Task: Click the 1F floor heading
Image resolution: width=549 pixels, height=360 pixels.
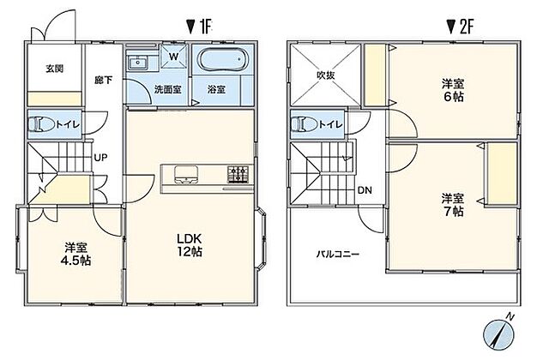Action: click(199, 27)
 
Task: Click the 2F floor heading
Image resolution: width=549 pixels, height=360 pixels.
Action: click(460, 27)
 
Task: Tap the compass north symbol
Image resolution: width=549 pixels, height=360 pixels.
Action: click(498, 333)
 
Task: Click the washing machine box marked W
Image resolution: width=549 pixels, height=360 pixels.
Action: click(174, 57)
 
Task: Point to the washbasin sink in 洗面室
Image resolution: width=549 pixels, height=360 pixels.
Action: click(138, 63)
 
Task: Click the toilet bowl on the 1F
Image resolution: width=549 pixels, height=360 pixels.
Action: click(41, 124)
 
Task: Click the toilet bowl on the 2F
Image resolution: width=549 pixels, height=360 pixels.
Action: click(305, 124)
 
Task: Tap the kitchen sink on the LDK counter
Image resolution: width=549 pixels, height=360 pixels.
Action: click(186, 174)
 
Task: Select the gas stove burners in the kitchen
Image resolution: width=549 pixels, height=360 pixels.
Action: click(238, 174)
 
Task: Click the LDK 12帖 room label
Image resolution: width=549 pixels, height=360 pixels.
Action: click(189, 245)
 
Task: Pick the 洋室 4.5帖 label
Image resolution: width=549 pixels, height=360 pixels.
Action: click(75, 254)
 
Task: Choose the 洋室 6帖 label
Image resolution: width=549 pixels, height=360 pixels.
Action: click(453, 90)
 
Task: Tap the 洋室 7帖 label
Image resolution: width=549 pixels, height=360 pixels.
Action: click(453, 205)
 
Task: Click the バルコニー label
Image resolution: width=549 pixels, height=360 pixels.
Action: click(338, 254)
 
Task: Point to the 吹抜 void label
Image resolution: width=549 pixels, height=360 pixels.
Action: click(326, 75)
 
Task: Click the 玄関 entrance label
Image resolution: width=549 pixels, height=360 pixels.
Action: click(55, 69)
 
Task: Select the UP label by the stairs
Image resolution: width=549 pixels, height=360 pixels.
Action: click(100, 158)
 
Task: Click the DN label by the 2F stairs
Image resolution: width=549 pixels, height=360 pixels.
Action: click(365, 190)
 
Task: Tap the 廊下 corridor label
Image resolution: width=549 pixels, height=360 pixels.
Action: click(104, 80)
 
